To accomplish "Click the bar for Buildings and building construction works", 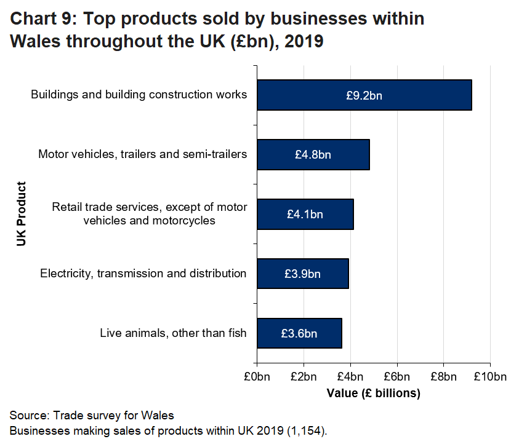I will [x=364, y=95].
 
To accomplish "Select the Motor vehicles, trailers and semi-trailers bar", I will [x=313, y=154].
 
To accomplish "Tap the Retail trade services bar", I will [x=305, y=214].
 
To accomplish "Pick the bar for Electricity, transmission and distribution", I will [x=302, y=274].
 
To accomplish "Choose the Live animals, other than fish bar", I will [x=299, y=333].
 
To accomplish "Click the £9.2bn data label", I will [x=364, y=95].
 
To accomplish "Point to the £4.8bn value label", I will [x=313, y=155].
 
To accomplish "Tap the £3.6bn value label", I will [x=299, y=334].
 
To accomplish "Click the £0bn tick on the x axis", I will [x=257, y=376].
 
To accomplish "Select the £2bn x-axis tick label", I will [x=304, y=376].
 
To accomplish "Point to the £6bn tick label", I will [x=397, y=376].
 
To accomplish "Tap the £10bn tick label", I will [x=490, y=376].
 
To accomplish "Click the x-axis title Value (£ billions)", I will [x=373, y=393].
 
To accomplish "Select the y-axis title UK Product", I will [x=22, y=214].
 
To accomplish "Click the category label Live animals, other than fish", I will [x=173, y=333].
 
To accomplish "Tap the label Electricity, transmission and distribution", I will [x=143, y=274].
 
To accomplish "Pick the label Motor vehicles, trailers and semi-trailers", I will [x=142, y=154].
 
